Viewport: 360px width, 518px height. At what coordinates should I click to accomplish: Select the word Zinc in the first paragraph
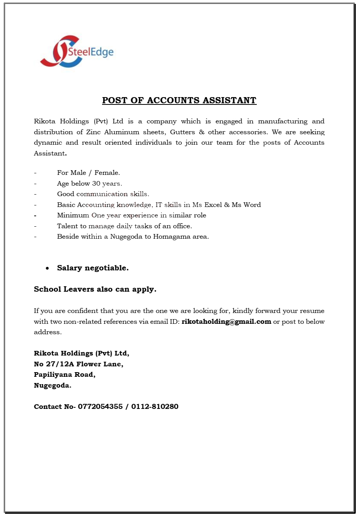click(93, 132)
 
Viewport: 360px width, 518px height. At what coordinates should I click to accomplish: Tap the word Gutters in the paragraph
click(183, 132)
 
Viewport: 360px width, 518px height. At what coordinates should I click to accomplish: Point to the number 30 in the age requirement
click(96, 184)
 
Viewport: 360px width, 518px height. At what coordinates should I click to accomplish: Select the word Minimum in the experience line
click(73, 215)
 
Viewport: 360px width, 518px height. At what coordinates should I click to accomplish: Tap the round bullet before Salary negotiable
click(47, 268)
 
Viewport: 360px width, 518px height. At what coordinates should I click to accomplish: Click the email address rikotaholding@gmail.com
click(226, 322)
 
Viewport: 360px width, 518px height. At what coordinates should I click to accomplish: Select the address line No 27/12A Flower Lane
click(78, 364)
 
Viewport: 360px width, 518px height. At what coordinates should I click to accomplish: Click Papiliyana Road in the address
click(64, 374)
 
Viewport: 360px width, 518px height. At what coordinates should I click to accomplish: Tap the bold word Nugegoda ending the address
click(52, 385)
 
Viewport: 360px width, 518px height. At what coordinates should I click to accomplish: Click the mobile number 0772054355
click(100, 407)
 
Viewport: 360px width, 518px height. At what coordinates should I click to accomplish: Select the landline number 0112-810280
click(155, 407)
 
